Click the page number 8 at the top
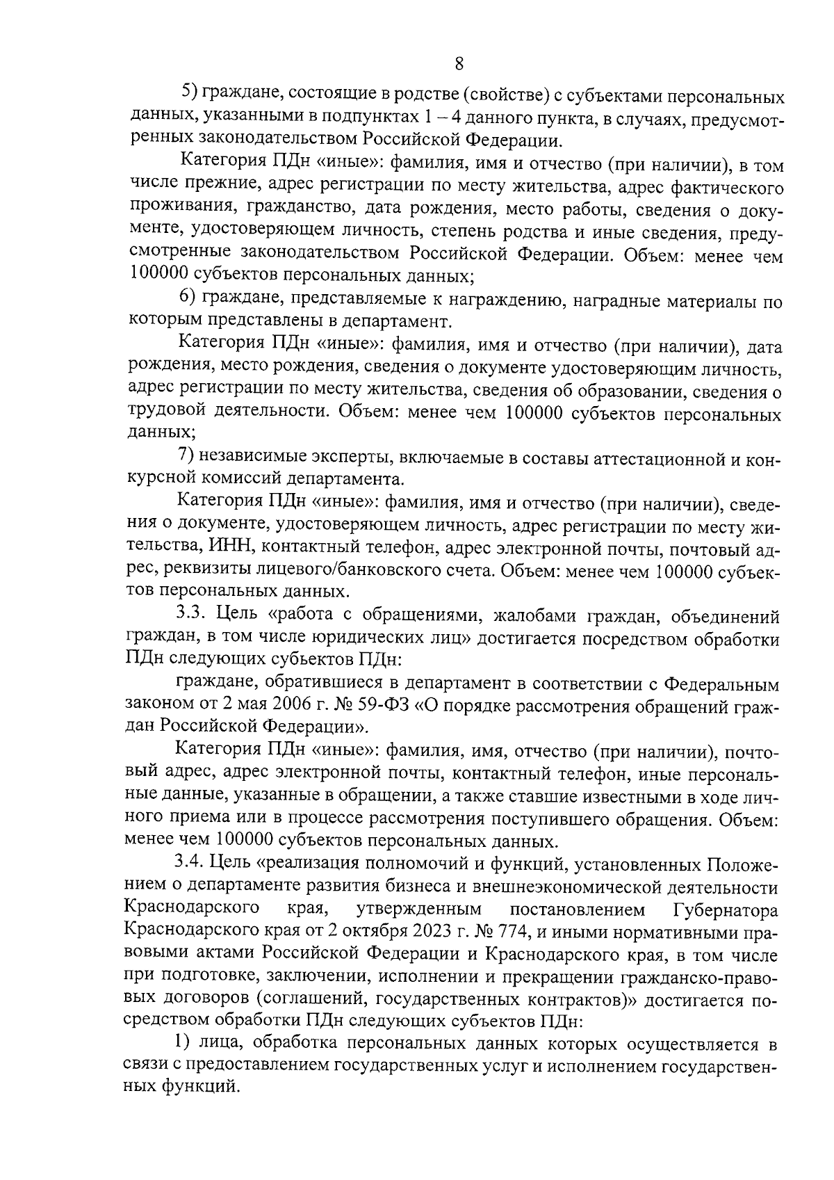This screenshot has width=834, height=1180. point(459,64)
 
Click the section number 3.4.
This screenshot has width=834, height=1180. point(188,862)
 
